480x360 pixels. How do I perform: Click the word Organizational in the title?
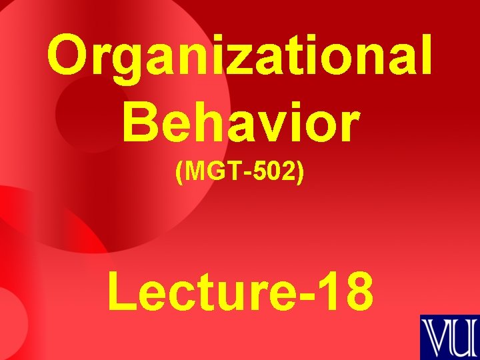click(x=240, y=57)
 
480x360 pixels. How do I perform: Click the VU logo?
click(x=449, y=337)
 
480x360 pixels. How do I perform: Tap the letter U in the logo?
click(x=463, y=338)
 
